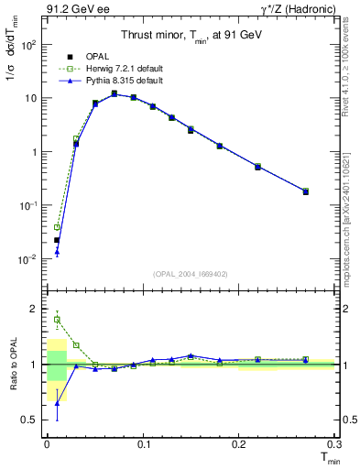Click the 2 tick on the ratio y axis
click(35, 309)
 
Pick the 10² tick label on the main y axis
click(27, 44)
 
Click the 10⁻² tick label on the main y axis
click(27, 260)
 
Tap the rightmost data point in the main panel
click(305, 191)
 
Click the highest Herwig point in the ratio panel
click(57, 320)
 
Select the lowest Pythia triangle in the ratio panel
click(57, 403)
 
